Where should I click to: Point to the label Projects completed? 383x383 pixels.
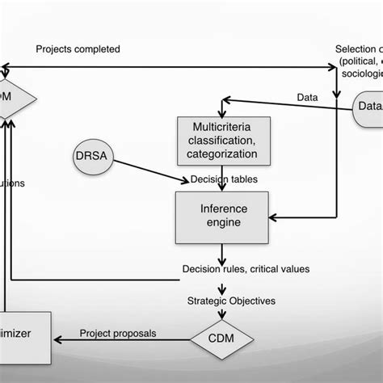(78, 49)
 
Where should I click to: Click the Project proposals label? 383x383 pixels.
(117, 333)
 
